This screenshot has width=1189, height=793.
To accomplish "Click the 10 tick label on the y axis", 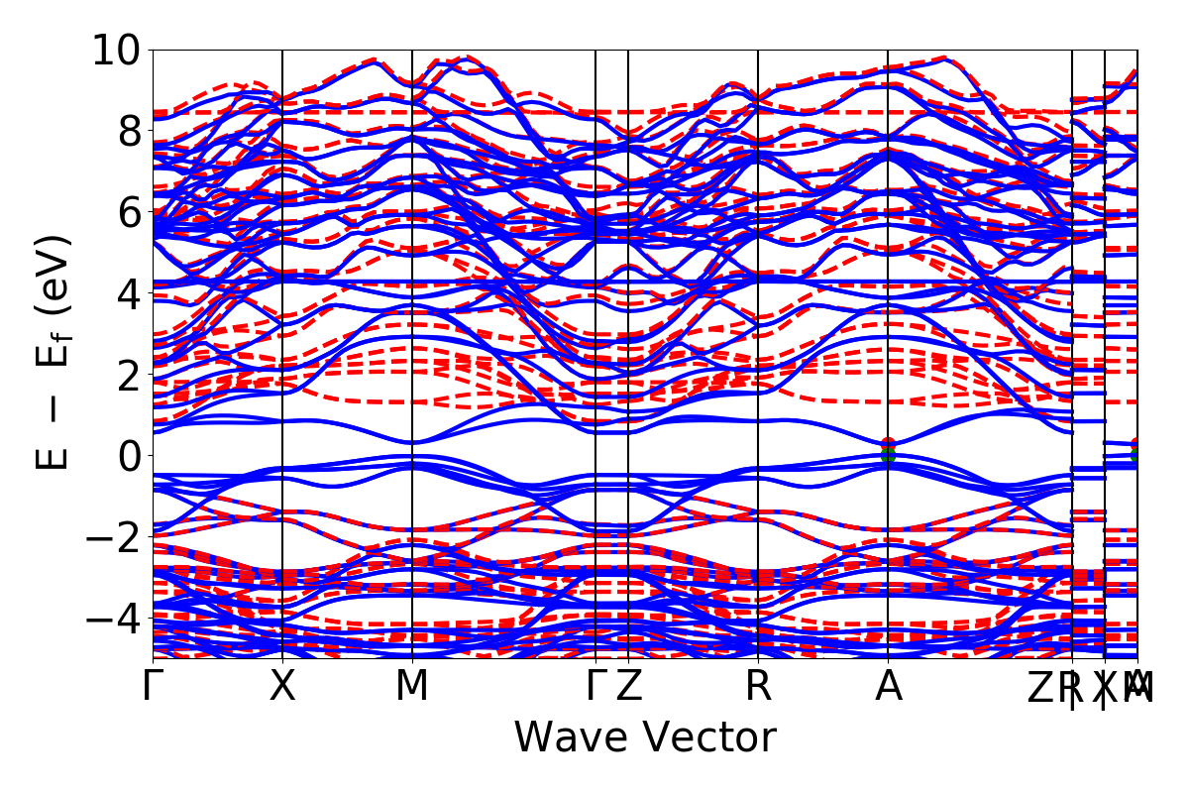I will coord(117,50).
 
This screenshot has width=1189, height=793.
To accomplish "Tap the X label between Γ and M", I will coord(282,687).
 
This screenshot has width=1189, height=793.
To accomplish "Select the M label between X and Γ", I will coord(412,687).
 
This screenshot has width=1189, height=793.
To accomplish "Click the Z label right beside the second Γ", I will coord(628,687).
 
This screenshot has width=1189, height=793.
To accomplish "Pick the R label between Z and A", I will coord(758,687).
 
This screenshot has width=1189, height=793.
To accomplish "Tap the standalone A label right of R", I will coord(888,687).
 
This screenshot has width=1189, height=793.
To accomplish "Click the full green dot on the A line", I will coord(888,456).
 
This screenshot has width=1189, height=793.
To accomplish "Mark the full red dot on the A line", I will coord(888,445).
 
